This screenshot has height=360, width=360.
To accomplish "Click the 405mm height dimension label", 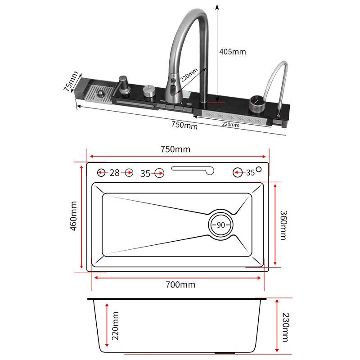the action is click(x=232, y=51).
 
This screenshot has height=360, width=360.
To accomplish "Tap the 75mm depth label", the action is click(x=71, y=81).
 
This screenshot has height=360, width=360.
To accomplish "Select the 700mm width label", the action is click(x=180, y=285).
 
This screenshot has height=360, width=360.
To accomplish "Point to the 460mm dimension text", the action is click(x=73, y=216).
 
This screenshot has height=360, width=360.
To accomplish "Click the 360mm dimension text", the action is click(x=283, y=225).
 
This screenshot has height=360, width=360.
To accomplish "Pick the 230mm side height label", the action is click(x=285, y=327).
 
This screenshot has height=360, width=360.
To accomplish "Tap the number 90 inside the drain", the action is click(x=220, y=225).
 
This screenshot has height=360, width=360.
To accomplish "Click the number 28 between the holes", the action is click(x=114, y=173).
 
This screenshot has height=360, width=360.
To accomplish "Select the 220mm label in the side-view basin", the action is click(x=115, y=326).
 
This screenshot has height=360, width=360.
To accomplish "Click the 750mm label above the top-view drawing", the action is click(x=175, y=149).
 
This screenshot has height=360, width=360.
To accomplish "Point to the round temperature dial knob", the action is click(x=256, y=104).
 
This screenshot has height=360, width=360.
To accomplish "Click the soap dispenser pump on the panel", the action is click(x=125, y=85).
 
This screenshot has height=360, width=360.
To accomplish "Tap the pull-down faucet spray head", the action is click(x=174, y=91).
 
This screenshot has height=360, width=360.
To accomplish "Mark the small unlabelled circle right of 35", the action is click(x=258, y=170).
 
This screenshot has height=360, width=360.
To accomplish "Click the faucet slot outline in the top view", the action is click(x=193, y=170).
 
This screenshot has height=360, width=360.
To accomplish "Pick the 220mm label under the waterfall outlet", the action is click(x=230, y=125).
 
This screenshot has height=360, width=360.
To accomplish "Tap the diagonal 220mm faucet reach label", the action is click(x=189, y=75).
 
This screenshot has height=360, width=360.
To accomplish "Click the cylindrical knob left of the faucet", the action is click(x=149, y=91).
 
